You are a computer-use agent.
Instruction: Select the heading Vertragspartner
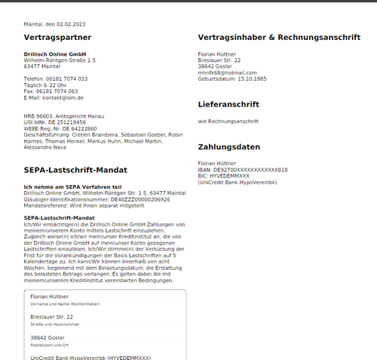(x=57, y=37)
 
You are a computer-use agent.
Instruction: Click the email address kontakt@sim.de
(x=64, y=97)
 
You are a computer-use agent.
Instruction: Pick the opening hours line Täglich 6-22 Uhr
(x=45, y=85)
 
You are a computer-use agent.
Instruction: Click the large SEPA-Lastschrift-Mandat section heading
(x=75, y=170)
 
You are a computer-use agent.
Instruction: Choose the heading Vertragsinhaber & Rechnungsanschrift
(x=278, y=37)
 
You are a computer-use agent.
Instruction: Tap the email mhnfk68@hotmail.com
(x=222, y=72)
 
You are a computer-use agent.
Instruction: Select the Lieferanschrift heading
(x=228, y=104)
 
